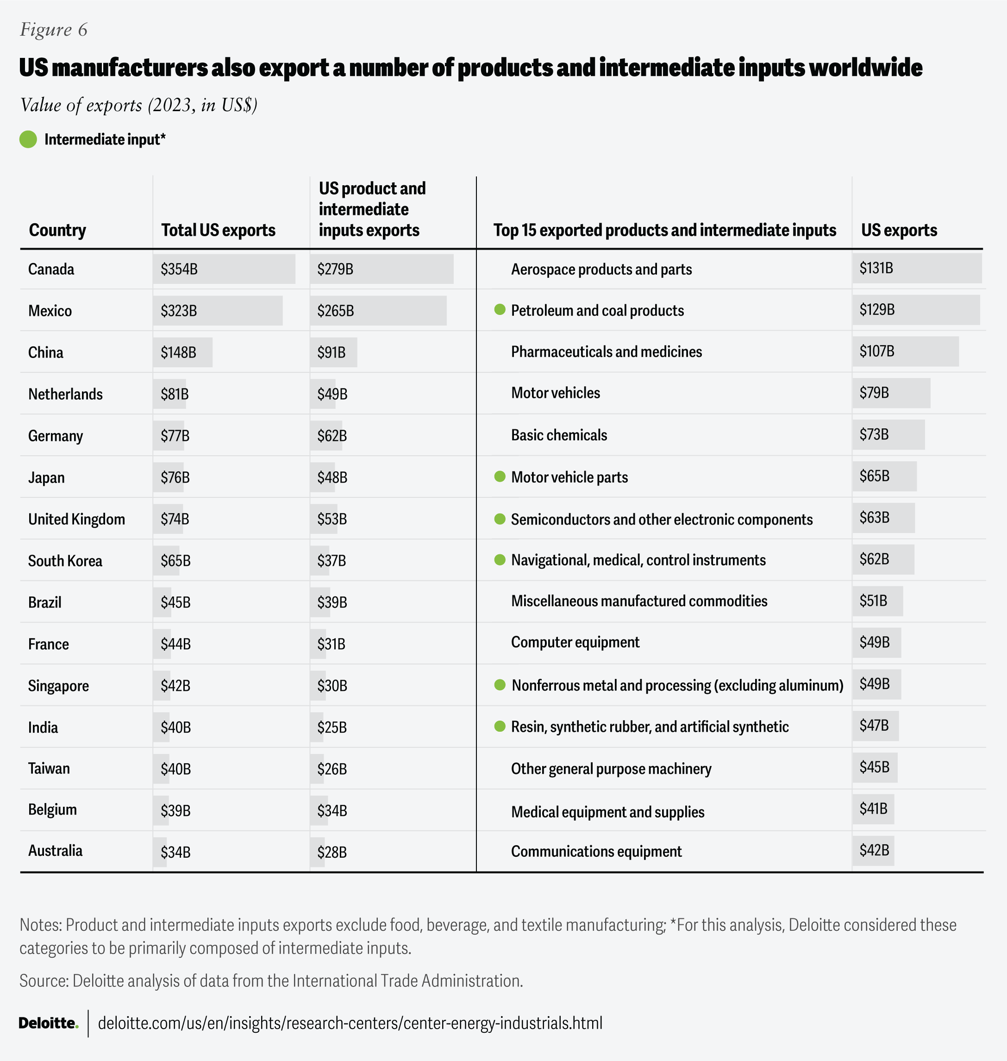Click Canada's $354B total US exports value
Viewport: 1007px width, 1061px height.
(179, 269)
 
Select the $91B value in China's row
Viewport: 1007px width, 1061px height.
(331, 353)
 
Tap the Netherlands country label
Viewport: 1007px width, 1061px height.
(65, 394)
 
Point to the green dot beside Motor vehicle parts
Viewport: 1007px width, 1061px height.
(500, 476)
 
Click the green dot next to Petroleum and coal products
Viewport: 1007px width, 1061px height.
(500, 310)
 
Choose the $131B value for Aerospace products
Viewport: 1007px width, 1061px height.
(876, 268)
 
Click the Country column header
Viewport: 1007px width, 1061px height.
(57, 230)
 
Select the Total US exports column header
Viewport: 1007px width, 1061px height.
(218, 230)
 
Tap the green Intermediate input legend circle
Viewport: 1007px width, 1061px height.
(28, 139)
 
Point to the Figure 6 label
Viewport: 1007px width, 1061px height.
(53, 30)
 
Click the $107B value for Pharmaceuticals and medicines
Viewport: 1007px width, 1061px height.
(876, 351)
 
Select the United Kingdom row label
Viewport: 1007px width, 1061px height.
(76, 519)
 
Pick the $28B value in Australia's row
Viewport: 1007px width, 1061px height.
(331, 852)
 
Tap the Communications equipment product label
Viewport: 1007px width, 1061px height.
(596, 852)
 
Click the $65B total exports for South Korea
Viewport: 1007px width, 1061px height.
(175, 561)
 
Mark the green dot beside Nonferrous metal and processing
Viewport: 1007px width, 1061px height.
(500, 685)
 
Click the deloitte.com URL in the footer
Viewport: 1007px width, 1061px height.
(350, 1023)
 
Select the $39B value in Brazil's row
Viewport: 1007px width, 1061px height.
(331, 603)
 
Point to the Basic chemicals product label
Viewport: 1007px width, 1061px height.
(559, 435)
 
